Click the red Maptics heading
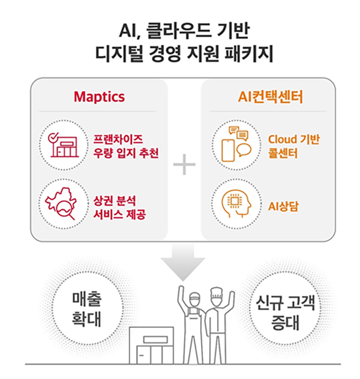(99, 97)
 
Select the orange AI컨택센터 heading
(270, 97)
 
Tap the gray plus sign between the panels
(184, 165)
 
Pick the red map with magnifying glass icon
(61, 203)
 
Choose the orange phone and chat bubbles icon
(236, 144)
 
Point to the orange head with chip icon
(236, 204)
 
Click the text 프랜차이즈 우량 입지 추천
(126, 146)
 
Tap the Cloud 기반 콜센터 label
(294, 146)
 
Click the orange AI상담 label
(283, 207)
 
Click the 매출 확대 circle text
(87, 309)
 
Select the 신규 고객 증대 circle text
(285, 313)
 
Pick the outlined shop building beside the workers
(151, 346)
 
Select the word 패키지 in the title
(249, 54)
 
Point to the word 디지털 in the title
(119, 54)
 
